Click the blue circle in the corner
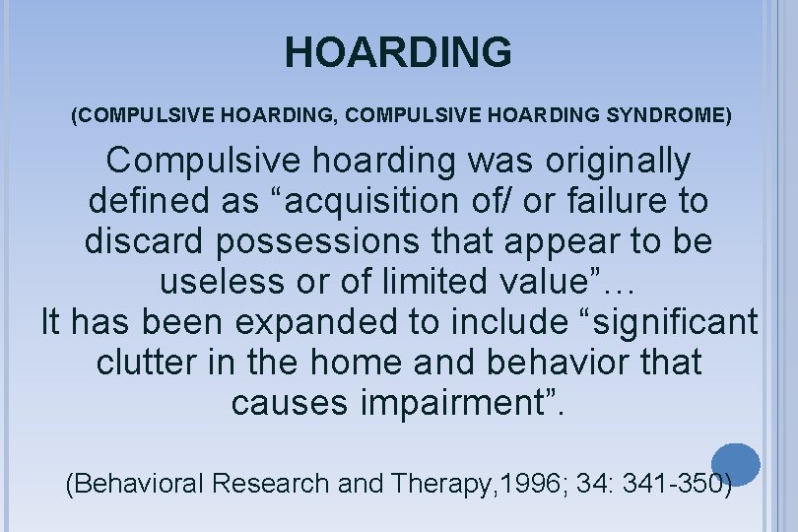(x=736, y=463)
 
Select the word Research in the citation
(x=275, y=484)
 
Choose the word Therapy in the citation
(x=441, y=484)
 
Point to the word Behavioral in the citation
(x=140, y=484)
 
